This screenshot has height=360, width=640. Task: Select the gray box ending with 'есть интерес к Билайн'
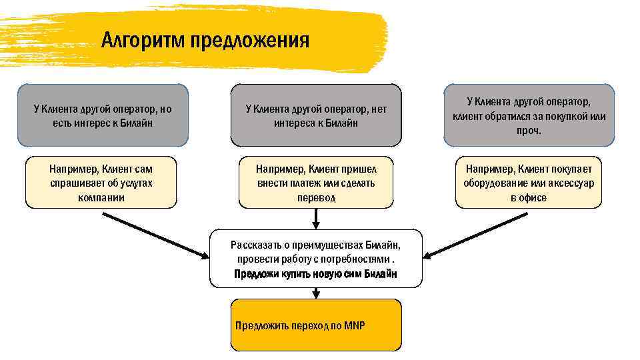[103, 115]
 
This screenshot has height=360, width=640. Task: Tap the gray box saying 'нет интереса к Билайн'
[316, 115]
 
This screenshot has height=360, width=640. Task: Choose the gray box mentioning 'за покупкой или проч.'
[529, 115]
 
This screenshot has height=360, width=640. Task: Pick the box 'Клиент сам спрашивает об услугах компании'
[101, 183]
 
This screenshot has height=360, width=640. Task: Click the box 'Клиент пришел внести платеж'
[316, 183]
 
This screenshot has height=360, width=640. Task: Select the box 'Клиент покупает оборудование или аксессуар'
[529, 183]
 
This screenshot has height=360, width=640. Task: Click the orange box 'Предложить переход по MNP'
[316, 325]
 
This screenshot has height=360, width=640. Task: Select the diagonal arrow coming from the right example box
[476, 235]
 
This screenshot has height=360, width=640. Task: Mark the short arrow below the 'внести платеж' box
[316, 218]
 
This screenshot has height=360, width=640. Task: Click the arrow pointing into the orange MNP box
[316, 293]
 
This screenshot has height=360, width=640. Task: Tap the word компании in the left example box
[101, 197]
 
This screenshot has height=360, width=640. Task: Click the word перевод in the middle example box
[316, 197]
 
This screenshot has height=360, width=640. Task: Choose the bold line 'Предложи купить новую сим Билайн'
[316, 274]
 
